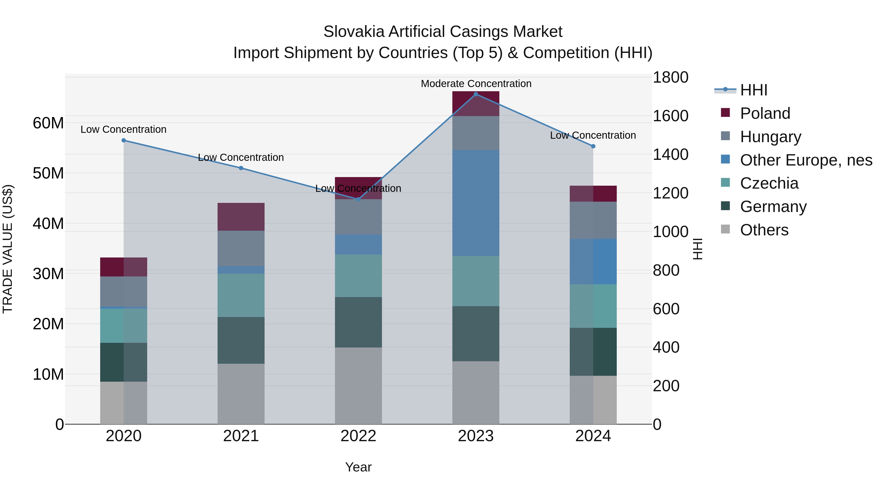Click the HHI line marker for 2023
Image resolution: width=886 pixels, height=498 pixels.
tap(476, 94)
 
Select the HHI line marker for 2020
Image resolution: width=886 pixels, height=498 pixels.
tap(124, 140)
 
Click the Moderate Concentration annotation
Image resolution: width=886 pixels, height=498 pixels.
tap(476, 84)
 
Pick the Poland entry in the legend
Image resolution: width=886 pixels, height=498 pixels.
tap(765, 113)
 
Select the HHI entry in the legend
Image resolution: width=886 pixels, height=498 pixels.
tap(753, 90)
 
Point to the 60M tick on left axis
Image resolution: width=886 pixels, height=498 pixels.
tap(48, 123)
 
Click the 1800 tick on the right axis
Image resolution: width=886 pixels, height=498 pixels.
tap(670, 77)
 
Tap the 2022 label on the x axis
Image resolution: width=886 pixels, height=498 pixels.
tap(358, 436)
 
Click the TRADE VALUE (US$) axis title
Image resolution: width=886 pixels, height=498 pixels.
tap(8, 249)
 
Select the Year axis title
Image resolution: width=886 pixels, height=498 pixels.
tap(358, 467)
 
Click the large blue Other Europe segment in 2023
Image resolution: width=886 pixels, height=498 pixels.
tap(476, 203)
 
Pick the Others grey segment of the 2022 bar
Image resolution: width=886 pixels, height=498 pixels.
tap(358, 386)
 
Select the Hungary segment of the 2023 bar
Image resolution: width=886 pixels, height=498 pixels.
tap(476, 133)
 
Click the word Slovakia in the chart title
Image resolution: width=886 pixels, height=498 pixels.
tap(354, 32)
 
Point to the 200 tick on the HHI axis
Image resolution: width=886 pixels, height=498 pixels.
tap(666, 386)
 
